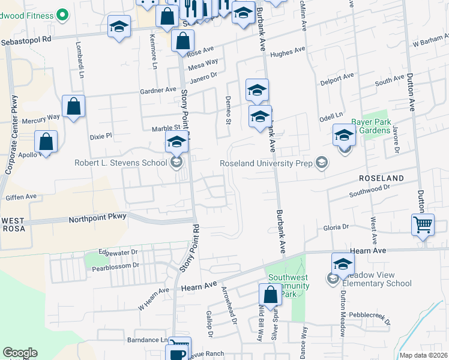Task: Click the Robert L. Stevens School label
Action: (x=121, y=163)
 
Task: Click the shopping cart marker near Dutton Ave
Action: (x=423, y=226)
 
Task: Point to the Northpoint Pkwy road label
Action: (x=97, y=218)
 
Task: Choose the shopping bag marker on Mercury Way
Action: (x=74, y=107)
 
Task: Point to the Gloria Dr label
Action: (x=336, y=227)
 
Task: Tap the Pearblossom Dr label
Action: (x=114, y=265)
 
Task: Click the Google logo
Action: (x=20, y=353)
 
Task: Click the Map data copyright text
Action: (x=423, y=355)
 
